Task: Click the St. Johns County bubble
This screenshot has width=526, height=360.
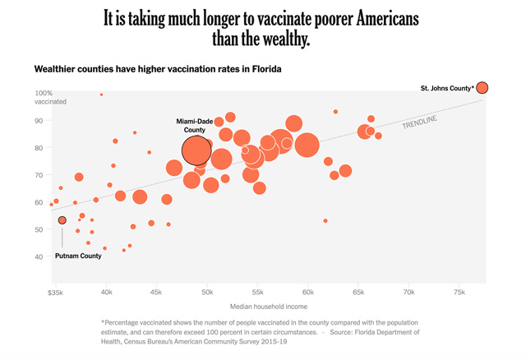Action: tap(482, 88)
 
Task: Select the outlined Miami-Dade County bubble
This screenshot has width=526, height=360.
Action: tap(196, 150)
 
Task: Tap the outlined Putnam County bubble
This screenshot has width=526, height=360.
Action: tap(62, 220)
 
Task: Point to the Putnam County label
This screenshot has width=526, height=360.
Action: tap(78, 256)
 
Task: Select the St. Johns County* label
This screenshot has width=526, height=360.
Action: tap(447, 88)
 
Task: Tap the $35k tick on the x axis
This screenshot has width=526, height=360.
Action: tap(56, 292)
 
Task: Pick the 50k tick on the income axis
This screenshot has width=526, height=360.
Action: tap(206, 292)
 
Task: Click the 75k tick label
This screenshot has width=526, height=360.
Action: tap(458, 292)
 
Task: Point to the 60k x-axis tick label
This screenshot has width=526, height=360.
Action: tap(307, 292)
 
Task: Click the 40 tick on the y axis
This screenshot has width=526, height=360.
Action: tap(39, 256)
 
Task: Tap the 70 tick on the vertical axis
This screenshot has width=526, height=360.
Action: tap(39, 175)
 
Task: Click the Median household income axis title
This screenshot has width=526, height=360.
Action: tap(257, 307)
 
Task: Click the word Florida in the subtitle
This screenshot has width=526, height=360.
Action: tap(265, 69)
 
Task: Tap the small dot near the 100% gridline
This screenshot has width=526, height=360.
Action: tap(101, 95)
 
